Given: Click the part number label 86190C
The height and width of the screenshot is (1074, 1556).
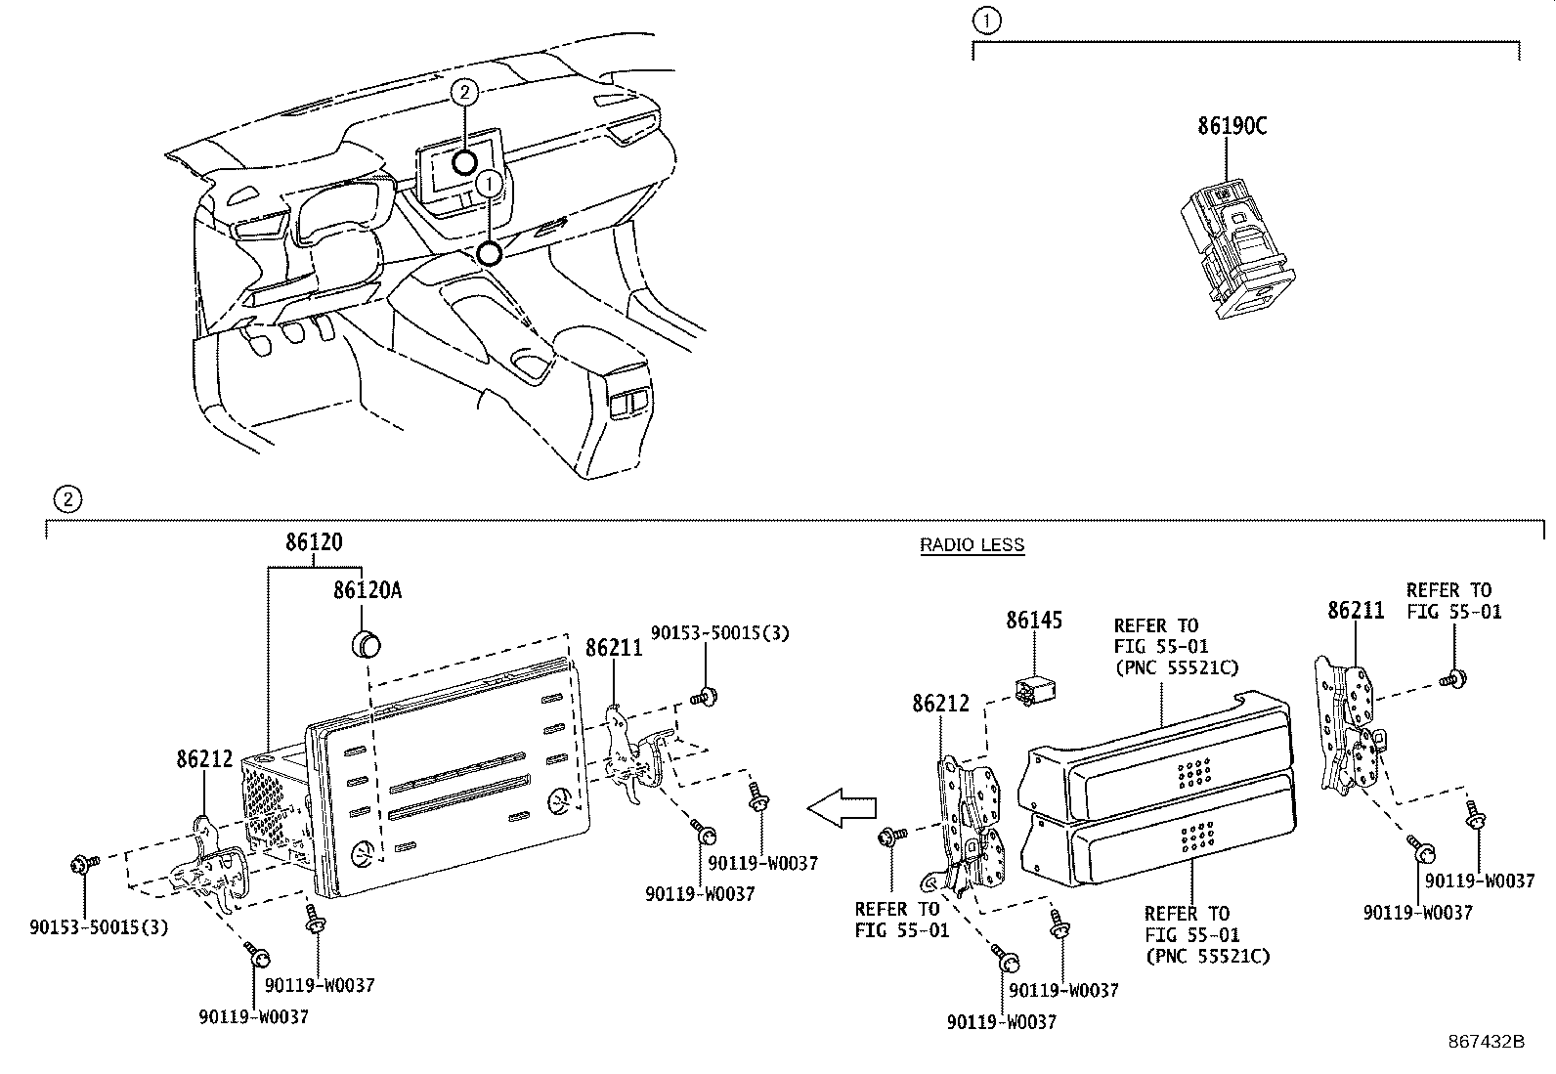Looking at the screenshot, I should click(x=1232, y=126).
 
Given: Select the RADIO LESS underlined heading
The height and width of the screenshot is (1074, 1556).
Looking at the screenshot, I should click(x=972, y=545).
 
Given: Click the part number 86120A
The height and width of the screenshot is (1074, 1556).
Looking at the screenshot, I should click(x=367, y=590).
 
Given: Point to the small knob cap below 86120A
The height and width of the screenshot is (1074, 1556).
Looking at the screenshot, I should click(x=366, y=645).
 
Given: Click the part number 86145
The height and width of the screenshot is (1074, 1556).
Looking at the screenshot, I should click(x=1034, y=621).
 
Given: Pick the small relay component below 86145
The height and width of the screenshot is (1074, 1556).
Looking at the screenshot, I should click(x=1039, y=689).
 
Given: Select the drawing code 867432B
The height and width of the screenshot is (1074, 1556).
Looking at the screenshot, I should click(x=1486, y=1042).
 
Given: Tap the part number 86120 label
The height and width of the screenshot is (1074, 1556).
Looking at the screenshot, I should click(x=314, y=543).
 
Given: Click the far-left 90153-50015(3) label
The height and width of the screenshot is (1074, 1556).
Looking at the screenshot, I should click(x=99, y=926).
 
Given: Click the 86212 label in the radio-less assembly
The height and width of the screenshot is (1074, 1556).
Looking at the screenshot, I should click(x=941, y=703).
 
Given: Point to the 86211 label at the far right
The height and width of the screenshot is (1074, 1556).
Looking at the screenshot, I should click(x=1356, y=611).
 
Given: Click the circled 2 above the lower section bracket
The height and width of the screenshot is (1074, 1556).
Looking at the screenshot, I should click(x=65, y=499).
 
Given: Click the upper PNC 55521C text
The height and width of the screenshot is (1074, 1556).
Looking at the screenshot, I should click(x=1176, y=668).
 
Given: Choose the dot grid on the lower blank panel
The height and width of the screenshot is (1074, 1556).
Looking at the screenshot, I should click(x=1197, y=835).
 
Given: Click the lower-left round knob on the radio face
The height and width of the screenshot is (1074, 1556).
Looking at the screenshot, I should click(x=364, y=851).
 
